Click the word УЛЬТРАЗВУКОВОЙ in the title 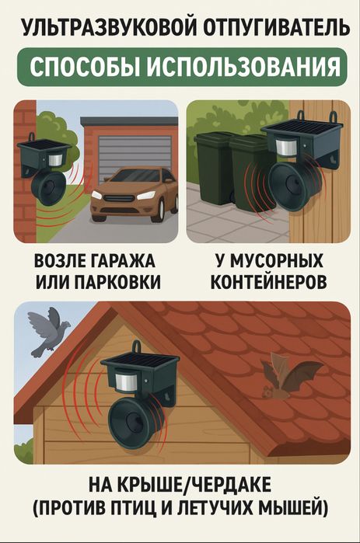click(x=101, y=29)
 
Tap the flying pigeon click(x=48, y=329)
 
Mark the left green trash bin click(x=215, y=169)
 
